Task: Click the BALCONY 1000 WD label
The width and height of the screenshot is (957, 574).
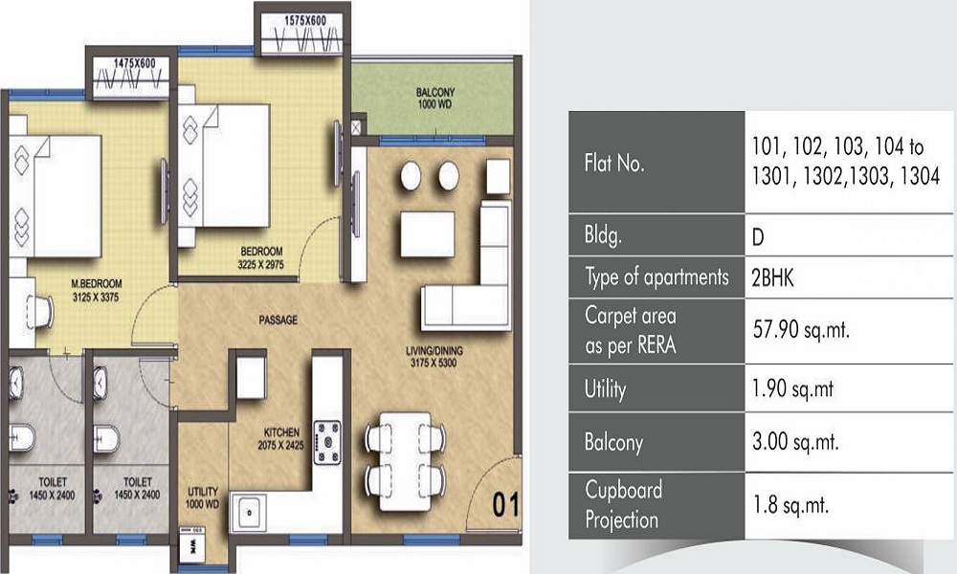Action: pyautogui.click(x=435, y=99)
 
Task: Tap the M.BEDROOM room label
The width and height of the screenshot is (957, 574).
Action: pyautogui.click(x=97, y=283)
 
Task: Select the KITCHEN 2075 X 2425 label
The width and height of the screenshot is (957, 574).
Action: pyautogui.click(x=280, y=438)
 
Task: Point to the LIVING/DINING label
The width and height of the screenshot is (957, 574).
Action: pyautogui.click(x=434, y=351)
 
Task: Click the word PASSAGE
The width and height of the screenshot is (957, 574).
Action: pyautogui.click(x=278, y=320)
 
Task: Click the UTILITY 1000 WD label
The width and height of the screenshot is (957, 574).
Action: pyautogui.click(x=203, y=497)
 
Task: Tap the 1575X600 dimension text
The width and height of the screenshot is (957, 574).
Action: pyautogui.click(x=305, y=21)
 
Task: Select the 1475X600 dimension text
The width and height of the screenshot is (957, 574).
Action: pyautogui.click(x=134, y=63)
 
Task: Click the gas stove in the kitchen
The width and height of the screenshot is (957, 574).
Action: pyautogui.click(x=327, y=443)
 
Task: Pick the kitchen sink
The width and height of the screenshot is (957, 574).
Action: pyautogui.click(x=250, y=513)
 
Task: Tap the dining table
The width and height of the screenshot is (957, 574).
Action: pyautogui.click(x=405, y=462)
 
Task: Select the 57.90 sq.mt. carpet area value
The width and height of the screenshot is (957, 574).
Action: pyautogui.click(x=801, y=330)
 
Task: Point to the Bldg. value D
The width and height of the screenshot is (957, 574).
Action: pyautogui.click(x=758, y=236)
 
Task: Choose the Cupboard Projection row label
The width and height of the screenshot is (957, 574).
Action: pyautogui.click(x=623, y=505)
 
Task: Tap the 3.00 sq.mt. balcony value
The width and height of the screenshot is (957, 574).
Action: pyautogui.click(x=795, y=442)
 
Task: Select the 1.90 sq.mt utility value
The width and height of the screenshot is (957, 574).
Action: pyautogui.click(x=792, y=389)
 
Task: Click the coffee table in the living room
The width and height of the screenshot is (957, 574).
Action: pyautogui.click(x=427, y=234)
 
